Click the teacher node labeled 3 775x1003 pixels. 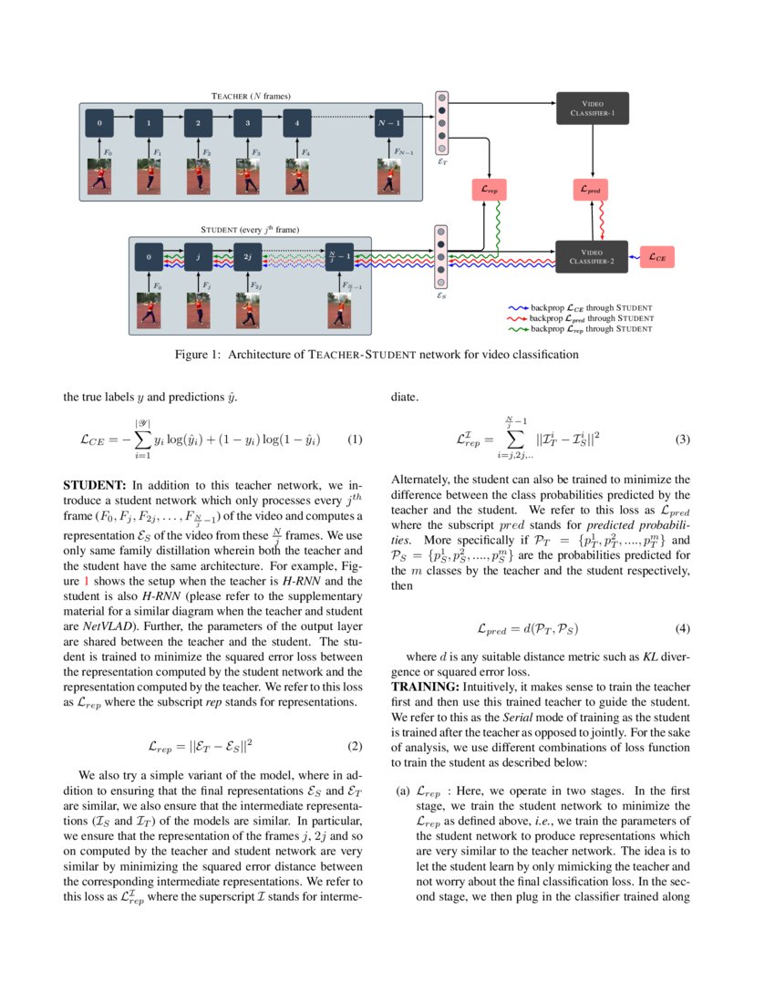(x=247, y=121)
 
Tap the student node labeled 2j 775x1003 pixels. (x=247, y=258)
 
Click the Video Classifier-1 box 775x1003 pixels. (x=593, y=109)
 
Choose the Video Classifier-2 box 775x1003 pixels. (x=592, y=257)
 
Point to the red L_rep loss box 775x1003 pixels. (x=490, y=191)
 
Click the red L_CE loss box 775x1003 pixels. (x=657, y=258)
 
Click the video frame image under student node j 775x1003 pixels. (x=198, y=311)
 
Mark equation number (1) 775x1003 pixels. (x=356, y=439)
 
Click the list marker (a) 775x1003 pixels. (x=402, y=791)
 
